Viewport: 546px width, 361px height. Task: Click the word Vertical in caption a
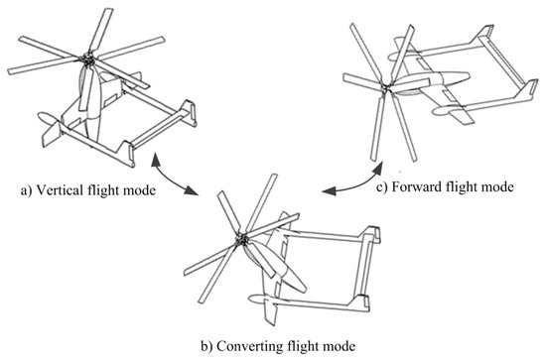60,190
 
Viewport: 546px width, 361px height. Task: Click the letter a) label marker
26,191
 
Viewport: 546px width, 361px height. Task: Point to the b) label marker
206,346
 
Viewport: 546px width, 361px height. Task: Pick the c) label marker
382,187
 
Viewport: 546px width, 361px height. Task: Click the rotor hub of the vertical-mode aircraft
86,60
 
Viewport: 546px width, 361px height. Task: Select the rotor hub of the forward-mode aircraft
385,88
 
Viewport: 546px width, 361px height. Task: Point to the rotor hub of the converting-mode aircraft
240,239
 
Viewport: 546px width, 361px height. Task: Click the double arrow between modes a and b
172,179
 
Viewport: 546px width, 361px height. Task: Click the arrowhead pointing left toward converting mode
329,191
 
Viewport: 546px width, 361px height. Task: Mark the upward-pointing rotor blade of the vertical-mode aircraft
101,31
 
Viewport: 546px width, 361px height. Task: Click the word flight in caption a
103,190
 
